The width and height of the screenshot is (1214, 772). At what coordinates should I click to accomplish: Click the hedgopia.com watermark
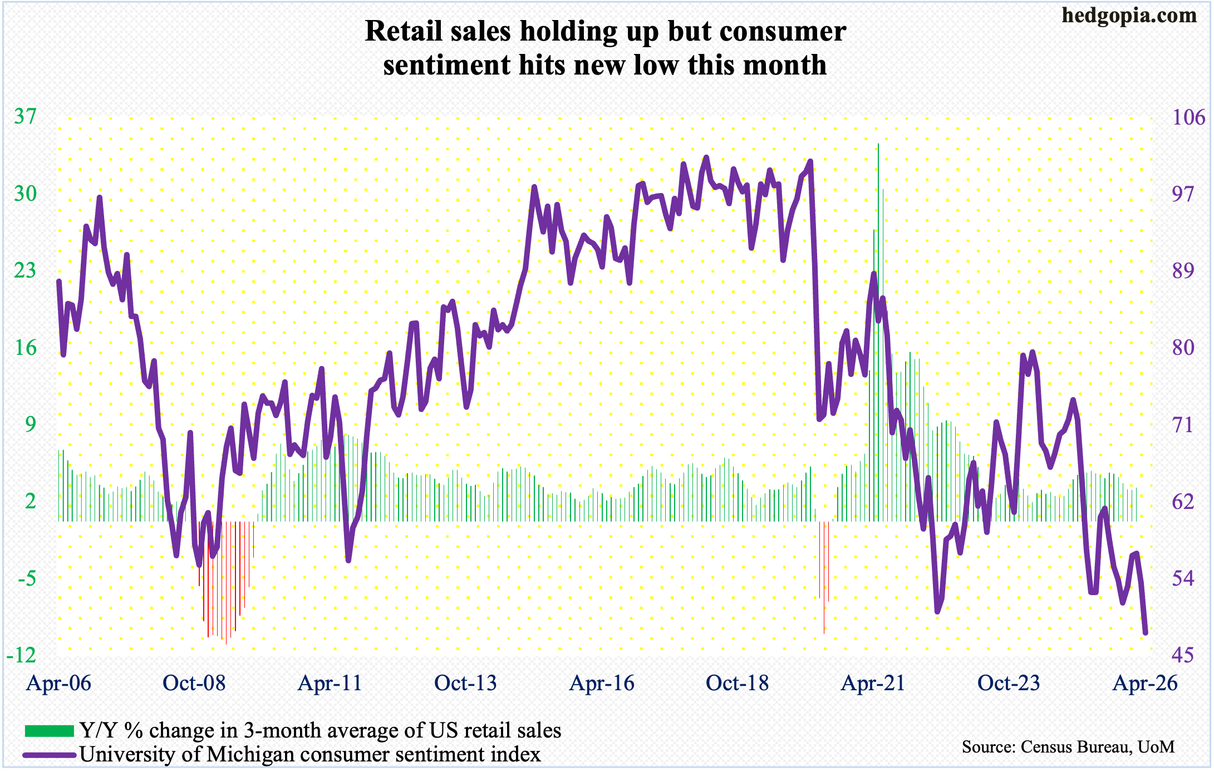1129,15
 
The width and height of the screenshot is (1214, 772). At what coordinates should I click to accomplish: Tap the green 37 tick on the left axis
25,117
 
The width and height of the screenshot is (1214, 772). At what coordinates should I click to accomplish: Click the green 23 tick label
25,271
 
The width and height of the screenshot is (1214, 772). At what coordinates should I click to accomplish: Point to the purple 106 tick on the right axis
1188,117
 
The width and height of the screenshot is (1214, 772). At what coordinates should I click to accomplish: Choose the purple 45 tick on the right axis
1183,655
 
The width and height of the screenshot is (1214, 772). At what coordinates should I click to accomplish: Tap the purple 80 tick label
1183,348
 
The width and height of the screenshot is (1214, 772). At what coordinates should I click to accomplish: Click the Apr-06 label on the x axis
59,683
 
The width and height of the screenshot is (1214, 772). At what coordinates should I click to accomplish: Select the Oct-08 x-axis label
194,683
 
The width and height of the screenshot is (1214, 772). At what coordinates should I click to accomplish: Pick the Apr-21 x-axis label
873,683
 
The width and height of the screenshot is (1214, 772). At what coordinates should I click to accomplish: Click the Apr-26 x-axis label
1145,683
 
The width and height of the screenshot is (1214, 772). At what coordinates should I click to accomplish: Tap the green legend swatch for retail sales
49,730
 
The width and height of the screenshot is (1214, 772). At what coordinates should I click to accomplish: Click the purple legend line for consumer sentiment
49,755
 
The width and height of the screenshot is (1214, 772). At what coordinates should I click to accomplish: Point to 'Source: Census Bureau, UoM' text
1068,746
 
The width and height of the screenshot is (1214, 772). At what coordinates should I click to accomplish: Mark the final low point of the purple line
1146,633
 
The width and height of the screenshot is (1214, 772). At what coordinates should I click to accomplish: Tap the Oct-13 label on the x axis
465,683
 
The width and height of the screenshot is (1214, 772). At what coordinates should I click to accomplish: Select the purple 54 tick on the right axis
1183,578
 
